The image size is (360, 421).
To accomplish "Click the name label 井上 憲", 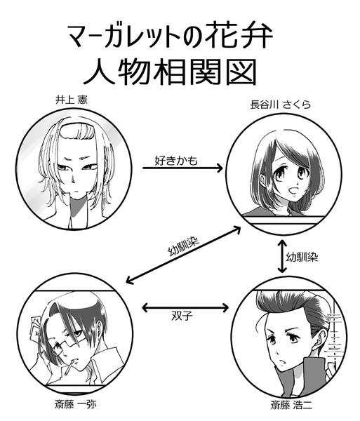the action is point(71,100).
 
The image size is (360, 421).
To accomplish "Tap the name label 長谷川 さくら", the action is point(281,104).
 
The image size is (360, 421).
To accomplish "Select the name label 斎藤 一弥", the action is point(75,404).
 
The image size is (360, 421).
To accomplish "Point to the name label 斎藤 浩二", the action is point(291,405).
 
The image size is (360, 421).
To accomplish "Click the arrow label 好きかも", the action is point(176,160).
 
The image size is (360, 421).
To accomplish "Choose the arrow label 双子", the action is point(182,316).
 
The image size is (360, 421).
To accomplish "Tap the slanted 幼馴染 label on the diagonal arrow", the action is point(183,246).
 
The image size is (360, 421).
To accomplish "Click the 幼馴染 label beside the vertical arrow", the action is point(302,257).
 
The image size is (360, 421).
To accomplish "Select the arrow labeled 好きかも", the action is point(182,168).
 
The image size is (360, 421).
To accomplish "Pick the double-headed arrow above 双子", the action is point(185,308).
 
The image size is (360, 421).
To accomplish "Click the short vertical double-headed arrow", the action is point(282,256).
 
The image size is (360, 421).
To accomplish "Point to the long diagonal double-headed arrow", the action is point(183,255).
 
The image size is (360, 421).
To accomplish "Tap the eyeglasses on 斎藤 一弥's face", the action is point(66,343).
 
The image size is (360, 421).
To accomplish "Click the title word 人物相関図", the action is point(170,72).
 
